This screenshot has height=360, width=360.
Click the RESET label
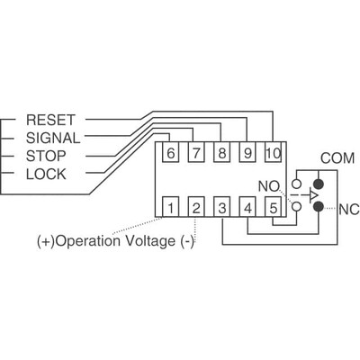click(49, 120)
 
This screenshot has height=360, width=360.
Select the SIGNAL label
click(53, 138)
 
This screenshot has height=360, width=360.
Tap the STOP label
click(46, 155)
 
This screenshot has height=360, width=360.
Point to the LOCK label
click(46, 173)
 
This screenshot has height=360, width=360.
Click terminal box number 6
click(171, 152)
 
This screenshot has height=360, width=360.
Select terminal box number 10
click(273, 152)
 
